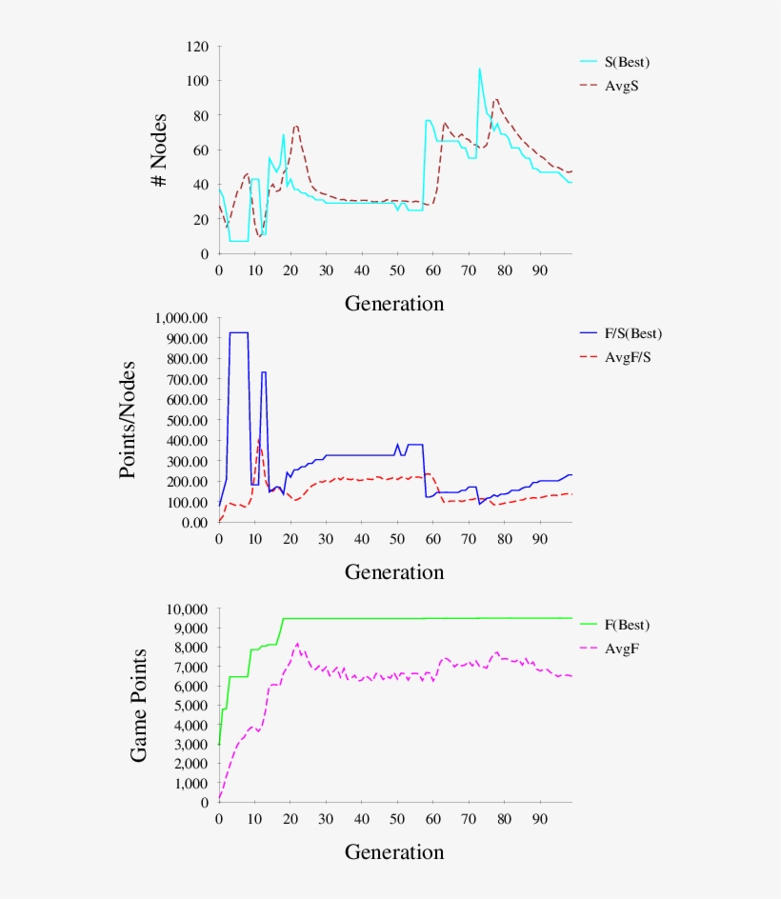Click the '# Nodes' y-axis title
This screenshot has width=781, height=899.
point(161,150)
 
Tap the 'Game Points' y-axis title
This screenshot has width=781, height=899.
point(139,705)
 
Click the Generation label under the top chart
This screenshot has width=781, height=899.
point(393,304)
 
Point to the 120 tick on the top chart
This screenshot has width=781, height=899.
point(198,46)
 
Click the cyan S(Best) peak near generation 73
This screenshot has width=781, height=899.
point(479,69)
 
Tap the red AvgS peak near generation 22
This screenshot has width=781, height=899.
point(296,126)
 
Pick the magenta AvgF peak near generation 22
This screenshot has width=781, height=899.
point(297,644)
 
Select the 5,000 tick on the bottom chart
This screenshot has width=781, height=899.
point(185,706)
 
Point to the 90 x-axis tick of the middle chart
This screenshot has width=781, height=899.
point(539,538)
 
